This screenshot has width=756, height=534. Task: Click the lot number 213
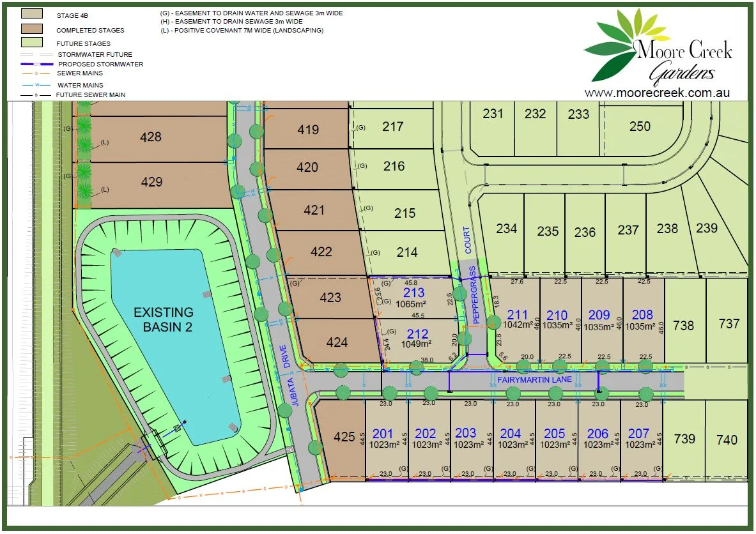[413, 293]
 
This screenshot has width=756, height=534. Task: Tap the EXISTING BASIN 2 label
[163, 319]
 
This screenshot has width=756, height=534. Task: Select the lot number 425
[344, 437]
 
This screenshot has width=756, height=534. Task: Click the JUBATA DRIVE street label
[290, 376]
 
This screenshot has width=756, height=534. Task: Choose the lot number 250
[640, 126]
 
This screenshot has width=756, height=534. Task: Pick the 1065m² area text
[414, 305]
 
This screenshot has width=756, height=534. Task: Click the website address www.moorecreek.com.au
[657, 93]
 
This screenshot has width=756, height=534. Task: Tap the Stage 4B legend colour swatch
[32, 13]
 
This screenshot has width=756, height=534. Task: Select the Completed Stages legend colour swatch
[32, 28]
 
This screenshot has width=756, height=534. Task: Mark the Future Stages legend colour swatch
[32, 42]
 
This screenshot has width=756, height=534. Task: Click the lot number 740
[726, 439]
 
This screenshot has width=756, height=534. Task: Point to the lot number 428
[151, 137]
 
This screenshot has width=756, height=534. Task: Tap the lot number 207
[639, 433]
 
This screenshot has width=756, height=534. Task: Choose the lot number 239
[707, 228]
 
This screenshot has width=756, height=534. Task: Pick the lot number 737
[729, 324]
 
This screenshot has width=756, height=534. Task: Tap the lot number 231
[493, 114]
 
